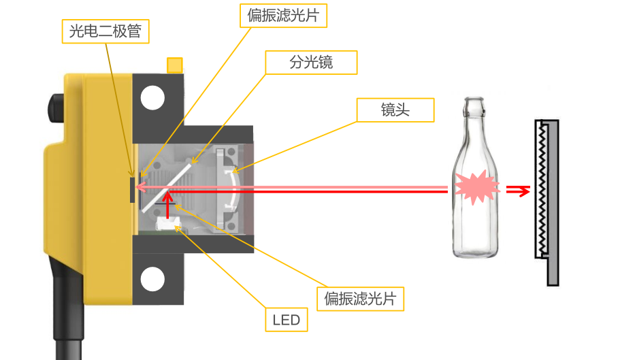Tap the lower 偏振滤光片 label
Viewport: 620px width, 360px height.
(361, 297)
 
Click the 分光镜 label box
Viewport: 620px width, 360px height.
(311, 63)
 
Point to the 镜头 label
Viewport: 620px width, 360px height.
(395, 110)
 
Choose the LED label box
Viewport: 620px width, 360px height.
(286, 320)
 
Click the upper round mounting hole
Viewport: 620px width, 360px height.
(152, 98)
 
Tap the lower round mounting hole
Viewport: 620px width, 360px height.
(152, 279)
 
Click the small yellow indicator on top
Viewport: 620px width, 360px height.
(174, 65)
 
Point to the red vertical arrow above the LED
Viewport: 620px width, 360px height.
(167, 207)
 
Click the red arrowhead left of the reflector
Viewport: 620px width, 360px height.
(523, 191)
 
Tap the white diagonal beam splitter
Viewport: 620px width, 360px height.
(165, 186)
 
